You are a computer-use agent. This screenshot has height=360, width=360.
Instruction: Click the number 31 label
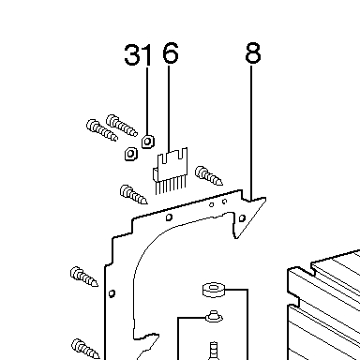pyautogui.click(x=137, y=54)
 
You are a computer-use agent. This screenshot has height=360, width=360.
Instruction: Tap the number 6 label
pyautogui.click(x=171, y=52)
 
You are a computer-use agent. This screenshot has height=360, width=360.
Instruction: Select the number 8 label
pyautogui.click(x=252, y=53)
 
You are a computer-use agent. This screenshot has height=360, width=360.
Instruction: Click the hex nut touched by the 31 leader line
pyautogui.click(x=147, y=142)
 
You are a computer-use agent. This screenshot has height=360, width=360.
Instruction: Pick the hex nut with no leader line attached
pyautogui.click(x=131, y=153)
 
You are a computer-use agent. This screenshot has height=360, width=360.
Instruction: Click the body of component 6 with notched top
pyautogui.click(x=172, y=165)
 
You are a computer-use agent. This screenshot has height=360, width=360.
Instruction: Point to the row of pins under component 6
pyautogui.click(x=171, y=186)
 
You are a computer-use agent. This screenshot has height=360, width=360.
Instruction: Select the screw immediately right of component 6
pyautogui.click(x=208, y=175)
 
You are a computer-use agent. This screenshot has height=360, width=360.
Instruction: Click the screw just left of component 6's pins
pyautogui.click(x=133, y=194)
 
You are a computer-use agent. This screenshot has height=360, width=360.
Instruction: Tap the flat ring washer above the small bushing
pyautogui.click(x=214, y=290)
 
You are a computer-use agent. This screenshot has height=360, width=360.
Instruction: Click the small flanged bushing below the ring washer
pyautogui.click(x=214, y=316)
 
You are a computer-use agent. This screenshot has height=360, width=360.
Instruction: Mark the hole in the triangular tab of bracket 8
pyautogui.click(x=242, y=217)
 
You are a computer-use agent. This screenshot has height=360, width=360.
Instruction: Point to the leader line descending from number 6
pyautogui.click(x=169, y=109)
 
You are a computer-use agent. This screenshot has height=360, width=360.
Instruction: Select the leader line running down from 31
pyautogui.click(x=147, y=100)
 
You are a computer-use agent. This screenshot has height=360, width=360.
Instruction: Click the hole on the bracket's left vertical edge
pyautogui.click(x=112, y=293)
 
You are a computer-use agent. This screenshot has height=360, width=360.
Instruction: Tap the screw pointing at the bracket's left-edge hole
pyautogui.click(x=83, y=277)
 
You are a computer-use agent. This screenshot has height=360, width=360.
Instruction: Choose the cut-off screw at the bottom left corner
pyautogui.click(x=85, y=349)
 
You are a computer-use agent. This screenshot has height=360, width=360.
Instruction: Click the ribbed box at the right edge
pyautogui.click(x=323, y=306)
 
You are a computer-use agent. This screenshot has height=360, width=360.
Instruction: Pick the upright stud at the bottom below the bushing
pyautogui.click(x=214, y=351)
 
